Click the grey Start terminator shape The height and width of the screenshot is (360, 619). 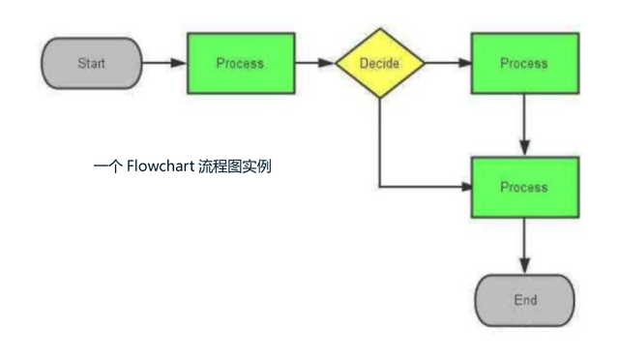[x=90, y=64]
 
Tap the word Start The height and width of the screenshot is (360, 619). [x=92, y=64]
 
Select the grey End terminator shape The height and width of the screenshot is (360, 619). [x=525, y=301]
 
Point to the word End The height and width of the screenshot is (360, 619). [x=525, y=301]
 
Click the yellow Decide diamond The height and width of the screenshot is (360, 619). [x=380, y=64]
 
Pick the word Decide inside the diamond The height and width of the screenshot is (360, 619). [x=380, y=64]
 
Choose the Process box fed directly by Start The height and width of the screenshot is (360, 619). [x=240, y=64]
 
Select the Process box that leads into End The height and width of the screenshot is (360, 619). [x=524, y=187]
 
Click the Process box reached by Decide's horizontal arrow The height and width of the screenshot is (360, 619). [x=524, y=64]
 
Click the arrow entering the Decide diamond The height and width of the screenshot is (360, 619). [x=313, y=64]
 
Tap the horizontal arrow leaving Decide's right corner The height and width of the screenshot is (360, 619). [x=447, y=64]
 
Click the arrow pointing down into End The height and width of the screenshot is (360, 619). [x=524, y=246]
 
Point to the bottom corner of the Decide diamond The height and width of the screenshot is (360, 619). [x=380, y=99]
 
